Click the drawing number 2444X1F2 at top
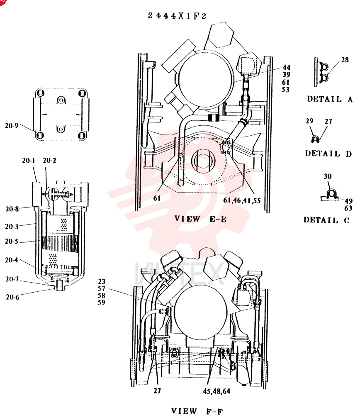click(x=177, y=16)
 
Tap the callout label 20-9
click(x=12, y=125)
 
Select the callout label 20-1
click(x=29, y=160)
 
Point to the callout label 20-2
click(x=49, y=160)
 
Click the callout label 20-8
click(x=12, y=209)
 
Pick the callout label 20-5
click(x=11, y=242)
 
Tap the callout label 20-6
click(x=12, y=297)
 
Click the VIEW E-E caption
click(x=200, y=219)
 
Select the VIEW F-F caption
click(x=197, y=411)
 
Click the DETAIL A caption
click(x=330, y=99)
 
